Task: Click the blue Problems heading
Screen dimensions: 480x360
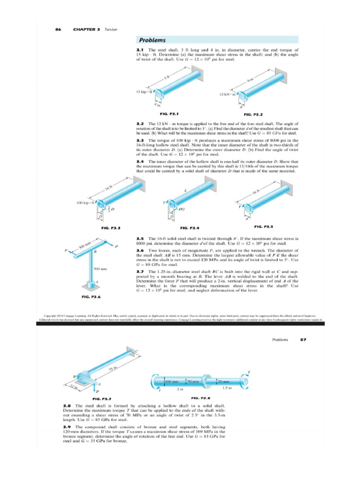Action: coord(151,40)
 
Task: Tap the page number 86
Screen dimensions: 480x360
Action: coord(58,29)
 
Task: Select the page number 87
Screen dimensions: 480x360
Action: coord(302,339)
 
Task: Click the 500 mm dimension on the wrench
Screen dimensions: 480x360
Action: coord(100,269)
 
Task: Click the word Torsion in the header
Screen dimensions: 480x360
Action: coord(111,29)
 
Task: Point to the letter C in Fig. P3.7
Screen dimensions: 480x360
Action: coord(136,351)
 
